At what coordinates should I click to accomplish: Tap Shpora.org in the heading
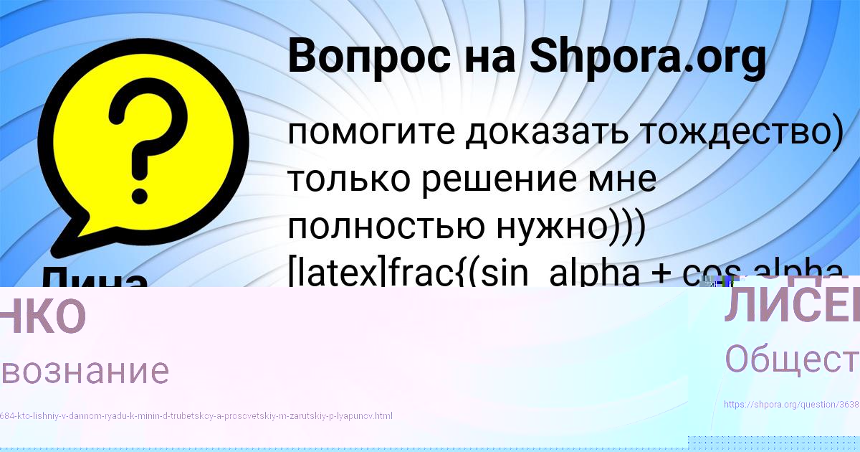(647, 57)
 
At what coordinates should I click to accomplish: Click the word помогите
(371, 133)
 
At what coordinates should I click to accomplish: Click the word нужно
(548, 227)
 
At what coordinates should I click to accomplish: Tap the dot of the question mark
(140, 171)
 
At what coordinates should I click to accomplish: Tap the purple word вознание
(85, 372)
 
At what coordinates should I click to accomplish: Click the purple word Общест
(791, 359)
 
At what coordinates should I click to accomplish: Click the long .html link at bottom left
(196, 415)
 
